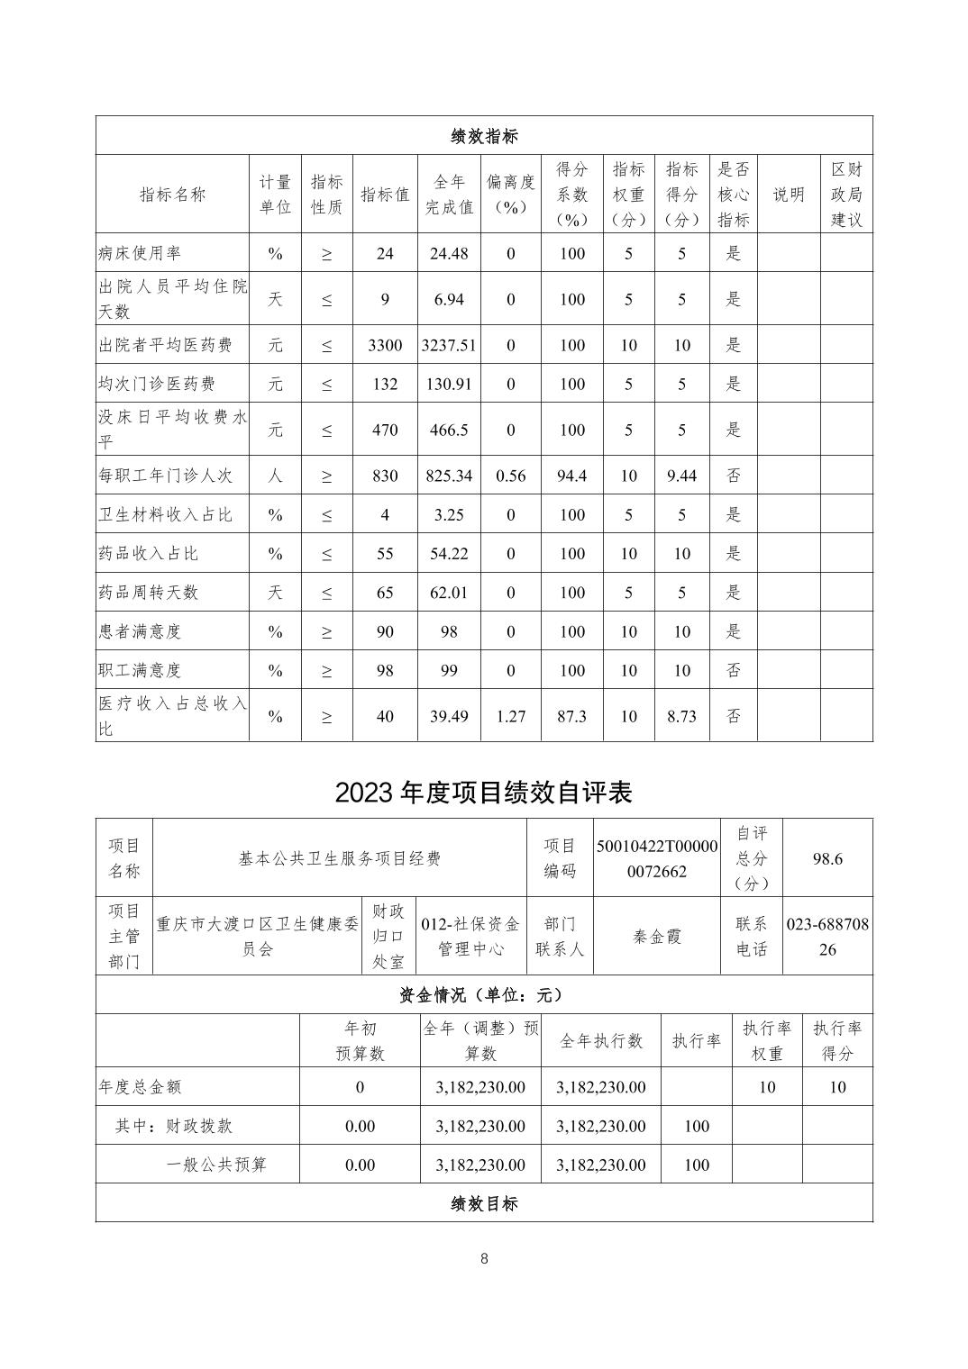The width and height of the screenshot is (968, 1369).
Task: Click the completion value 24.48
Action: pyautogui.click(x=449, y=253)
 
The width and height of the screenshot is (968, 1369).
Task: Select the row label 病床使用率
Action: pyautogui.click(x=140, y=253)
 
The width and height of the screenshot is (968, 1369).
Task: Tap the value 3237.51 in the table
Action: pyautogui.click(x=449, y=345)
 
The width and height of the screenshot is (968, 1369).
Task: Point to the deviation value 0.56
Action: pyautogui.click(x=510, y=476)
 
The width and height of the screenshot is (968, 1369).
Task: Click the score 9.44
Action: pyautogui.click(x=681, y=476)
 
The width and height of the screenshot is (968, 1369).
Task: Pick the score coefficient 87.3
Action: pyautogui.click(x=571, y=716)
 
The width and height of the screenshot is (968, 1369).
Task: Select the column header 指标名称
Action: pyautogui.click(x=172, y=195)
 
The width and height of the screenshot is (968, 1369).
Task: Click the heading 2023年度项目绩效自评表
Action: pyautogui.click(x=484, y=792)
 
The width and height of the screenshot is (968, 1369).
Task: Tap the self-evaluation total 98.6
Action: pyautogui.click(x=827, y=858)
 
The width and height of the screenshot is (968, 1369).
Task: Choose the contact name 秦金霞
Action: pyautogui.click(x=657, y=937)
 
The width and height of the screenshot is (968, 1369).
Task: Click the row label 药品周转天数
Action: pyautogui.click(x=148, y=593)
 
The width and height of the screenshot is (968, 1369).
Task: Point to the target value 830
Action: pyautogui.click(x=385, y=476)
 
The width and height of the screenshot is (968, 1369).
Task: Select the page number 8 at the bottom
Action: pyautogui.click(x=484, y=1258)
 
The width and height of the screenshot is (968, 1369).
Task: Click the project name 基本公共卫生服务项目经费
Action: pyautogui.click(x=340, y=858)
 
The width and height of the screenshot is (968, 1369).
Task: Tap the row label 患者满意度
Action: pyautogui.click(x=140, y=631)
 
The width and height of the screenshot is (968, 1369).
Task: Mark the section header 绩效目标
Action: pyautogui.click(x=484, y=1203)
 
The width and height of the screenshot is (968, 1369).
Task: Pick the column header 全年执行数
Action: pyautogui.click(x=601, y=1040)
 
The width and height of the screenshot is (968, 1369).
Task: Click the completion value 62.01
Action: pyautogui.click(x=449, y=593)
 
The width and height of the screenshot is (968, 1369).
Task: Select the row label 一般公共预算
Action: pyautogui.click(x=216, y=1165)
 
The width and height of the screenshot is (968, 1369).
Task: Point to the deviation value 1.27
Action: pyautogui.click(x=510, y=716)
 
